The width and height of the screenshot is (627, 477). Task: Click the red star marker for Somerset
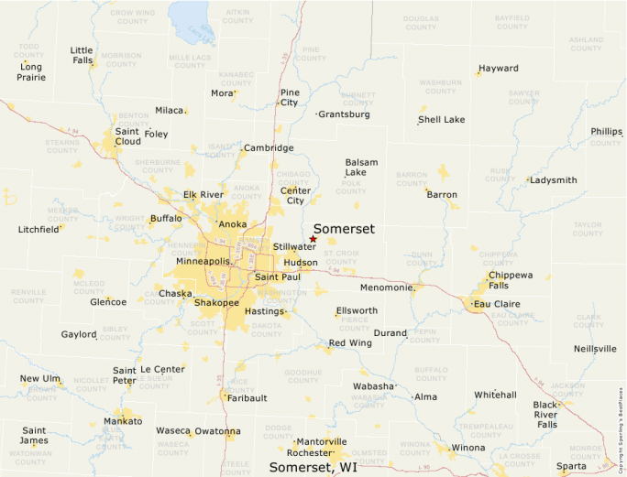[313, 239]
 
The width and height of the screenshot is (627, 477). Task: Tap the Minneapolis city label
[203, 262]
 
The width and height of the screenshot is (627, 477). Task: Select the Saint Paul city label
[277, 276]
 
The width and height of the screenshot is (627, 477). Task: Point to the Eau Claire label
[496, 303]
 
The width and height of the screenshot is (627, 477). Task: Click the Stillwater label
[294, 247]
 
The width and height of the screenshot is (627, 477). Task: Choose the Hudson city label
[301, 262]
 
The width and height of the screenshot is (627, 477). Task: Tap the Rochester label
[308, 452]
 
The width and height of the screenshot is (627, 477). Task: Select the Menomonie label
[387, 287]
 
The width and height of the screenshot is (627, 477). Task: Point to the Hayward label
[498, 69]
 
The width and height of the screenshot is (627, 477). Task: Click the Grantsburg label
[345, 114]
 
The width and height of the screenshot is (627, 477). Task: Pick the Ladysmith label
[554, 180]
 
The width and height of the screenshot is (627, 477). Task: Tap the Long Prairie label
[30, 72]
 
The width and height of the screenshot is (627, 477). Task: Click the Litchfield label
[38, 230]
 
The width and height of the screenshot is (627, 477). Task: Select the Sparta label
[571, 465]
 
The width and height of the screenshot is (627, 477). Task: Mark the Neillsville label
[595, 349]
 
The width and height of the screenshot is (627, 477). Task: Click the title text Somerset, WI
[313, 468]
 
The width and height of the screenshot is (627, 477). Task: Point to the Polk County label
[351, 188]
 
